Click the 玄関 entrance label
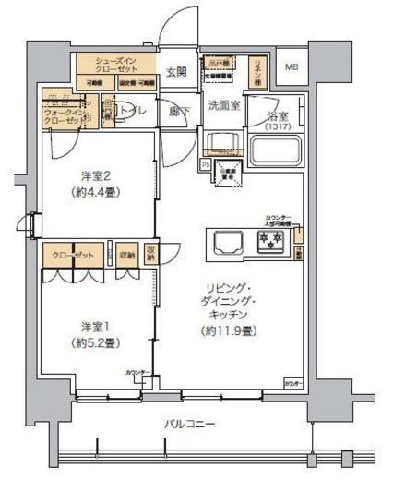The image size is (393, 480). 177,70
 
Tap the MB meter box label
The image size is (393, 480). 292,67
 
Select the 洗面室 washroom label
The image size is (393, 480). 223,105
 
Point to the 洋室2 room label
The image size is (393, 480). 96,176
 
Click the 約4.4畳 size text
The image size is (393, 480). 96,193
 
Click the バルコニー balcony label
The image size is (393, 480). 191,424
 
